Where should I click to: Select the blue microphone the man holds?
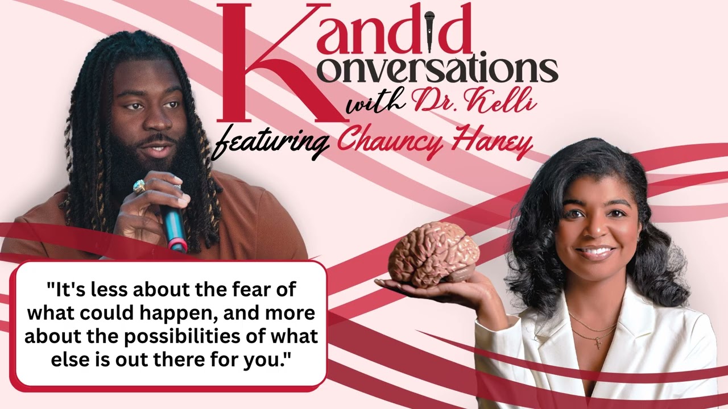[x=173, y=224]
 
